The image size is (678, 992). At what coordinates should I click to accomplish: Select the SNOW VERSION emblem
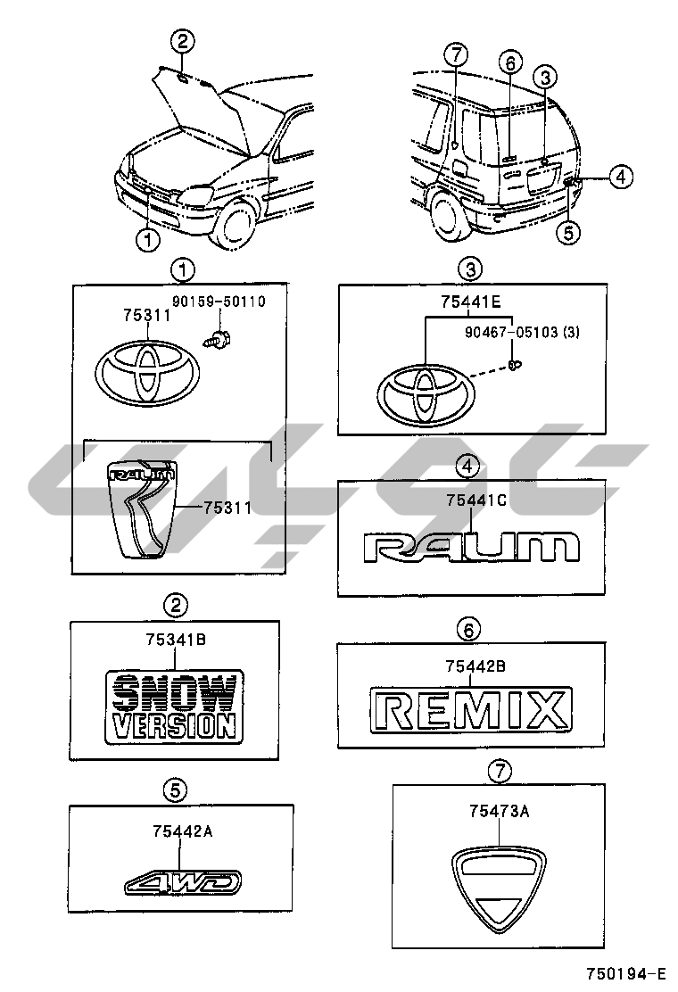point(174,706)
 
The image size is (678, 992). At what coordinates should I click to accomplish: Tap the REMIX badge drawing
point(471,710)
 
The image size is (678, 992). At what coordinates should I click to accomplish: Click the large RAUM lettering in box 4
point(471,546)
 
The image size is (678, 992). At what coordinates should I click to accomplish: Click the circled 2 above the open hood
point(182,39)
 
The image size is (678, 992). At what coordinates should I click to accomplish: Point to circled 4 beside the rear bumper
point(622,178)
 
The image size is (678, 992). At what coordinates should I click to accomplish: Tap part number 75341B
point(176,639)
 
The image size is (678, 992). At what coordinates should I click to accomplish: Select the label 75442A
point(182,831)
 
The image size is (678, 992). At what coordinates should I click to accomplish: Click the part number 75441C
point(475,501)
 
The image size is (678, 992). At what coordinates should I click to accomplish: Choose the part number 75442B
point(475,665)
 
